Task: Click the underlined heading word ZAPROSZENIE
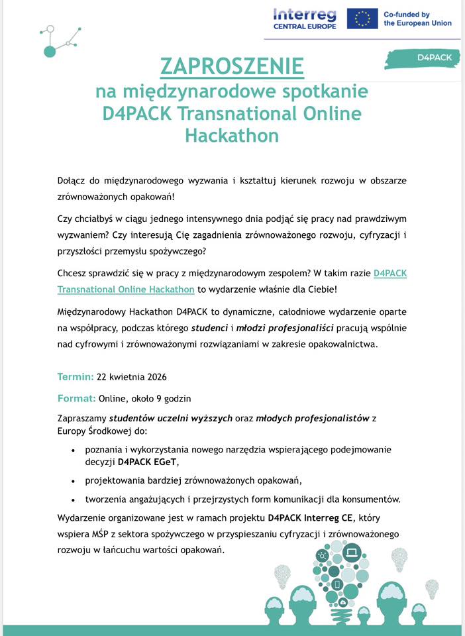pos(232,66)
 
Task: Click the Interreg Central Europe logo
pos(305,19)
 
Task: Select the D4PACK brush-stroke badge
pos(424,58)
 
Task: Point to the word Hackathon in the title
pos(232,134)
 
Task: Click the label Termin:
pos(76,377)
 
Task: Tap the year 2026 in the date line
pos(155,377)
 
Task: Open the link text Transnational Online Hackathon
pos(126,289)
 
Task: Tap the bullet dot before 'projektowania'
pos(73,481)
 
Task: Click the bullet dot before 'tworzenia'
pos(73,500)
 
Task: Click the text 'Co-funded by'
pos(407,14)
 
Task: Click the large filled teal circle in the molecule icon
pos(49,51)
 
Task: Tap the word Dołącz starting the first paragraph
pos(74,181)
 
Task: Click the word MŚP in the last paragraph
pos(99,533)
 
